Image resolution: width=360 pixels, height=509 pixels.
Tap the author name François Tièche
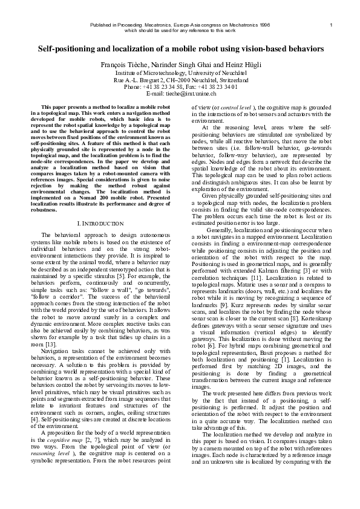tap(117, 64)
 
